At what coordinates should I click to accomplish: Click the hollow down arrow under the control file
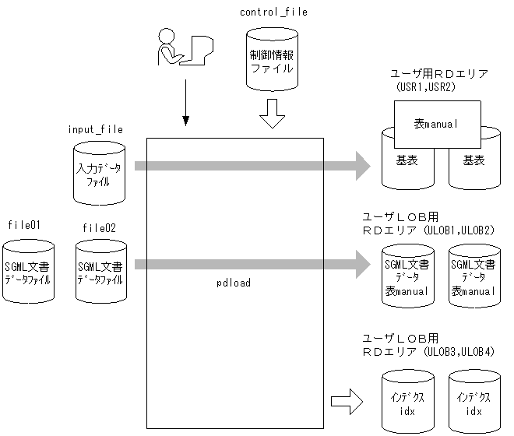pyautogui.click(x=271, y=114)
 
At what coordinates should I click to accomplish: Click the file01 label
pyautogui.click(x=24, y=226)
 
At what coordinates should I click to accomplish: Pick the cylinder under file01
pyautogui.click(x=28, y=272)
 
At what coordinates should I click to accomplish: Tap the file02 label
pyautogui.click(x=100, y=227)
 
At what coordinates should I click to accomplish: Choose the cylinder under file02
pyautogui.click(x=100, y=272)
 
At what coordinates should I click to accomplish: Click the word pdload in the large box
pyautogui.click(x=234, y=283)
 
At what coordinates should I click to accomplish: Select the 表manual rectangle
pyautogui.click(x=436, y=125)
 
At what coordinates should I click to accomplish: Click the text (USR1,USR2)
pyautogui.click(x=425, y=88)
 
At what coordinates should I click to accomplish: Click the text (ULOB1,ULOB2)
pyautogui.click(x=459, y=230)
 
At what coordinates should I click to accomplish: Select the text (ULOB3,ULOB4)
pyautogui.click(x=459, y=352)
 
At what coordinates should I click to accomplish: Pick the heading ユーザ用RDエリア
pyautogui.click(x=439, y=75)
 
